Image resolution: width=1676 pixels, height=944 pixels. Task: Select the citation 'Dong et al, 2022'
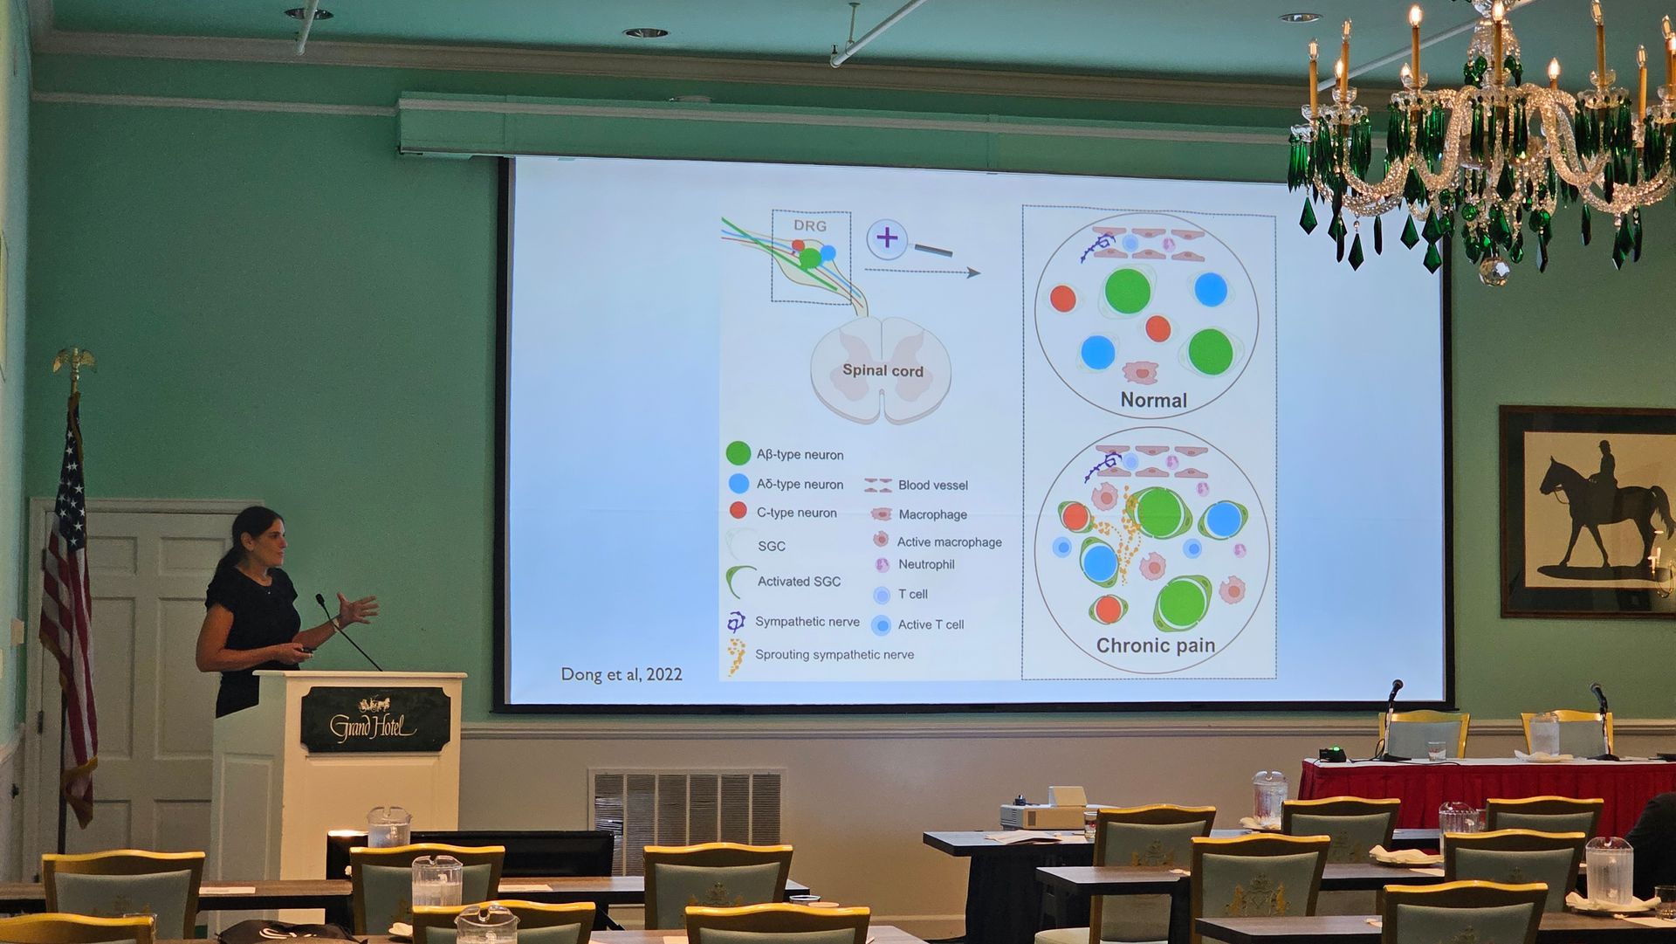coord(621,674)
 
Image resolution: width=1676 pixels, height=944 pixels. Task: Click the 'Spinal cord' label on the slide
coord(883,370)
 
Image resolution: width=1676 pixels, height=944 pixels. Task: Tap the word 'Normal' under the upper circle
coord(1153,400)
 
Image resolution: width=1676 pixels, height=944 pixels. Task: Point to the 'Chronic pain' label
coord(1156,645)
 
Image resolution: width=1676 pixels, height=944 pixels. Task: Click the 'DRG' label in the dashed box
coord(810,225)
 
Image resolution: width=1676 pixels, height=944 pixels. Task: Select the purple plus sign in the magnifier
coord(887,238)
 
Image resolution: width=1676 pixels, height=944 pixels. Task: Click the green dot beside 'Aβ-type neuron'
coord(738,453)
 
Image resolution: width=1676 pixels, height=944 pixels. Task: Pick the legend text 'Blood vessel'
coord(933,485)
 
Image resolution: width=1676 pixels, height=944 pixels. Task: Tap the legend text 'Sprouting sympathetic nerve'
coord(835,654)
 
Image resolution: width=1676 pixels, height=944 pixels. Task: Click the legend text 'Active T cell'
coord(931,624)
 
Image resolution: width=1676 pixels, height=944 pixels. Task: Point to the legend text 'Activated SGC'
coord(799,582)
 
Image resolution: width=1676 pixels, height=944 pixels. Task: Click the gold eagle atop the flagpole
coord(74,361)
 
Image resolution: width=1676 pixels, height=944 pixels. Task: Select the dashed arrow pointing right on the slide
coord(923,272)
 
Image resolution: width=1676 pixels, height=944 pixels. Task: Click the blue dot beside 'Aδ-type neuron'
coord(738,483)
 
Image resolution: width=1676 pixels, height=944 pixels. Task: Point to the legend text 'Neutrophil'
coord(926,564)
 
